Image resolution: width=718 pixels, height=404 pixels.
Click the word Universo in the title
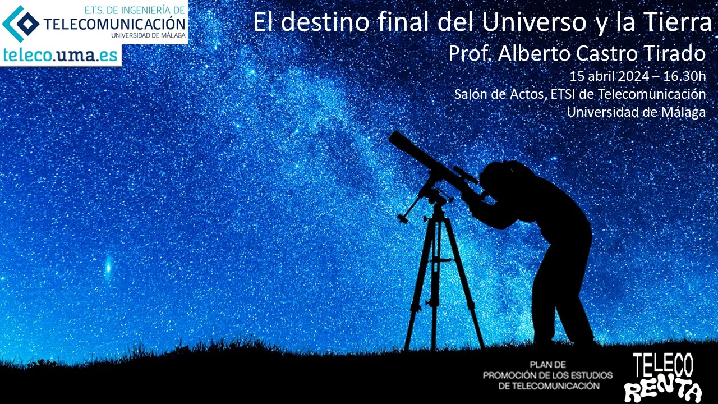[533, 22]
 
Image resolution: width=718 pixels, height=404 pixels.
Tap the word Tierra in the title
[674, 22]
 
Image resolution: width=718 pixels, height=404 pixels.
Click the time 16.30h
[684, 76]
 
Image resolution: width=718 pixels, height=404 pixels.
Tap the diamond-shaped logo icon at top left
[21, 24]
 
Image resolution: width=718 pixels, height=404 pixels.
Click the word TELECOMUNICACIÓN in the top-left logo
[114, 24]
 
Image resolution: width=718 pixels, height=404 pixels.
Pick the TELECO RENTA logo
[663, 378]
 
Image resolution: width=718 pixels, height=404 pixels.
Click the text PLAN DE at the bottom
[548, 365]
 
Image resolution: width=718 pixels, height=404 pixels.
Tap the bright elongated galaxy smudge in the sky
[108, 267]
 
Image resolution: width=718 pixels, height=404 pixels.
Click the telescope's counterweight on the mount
[403, 219]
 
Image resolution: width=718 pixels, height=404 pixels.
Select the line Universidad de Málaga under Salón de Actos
[636, 112]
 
